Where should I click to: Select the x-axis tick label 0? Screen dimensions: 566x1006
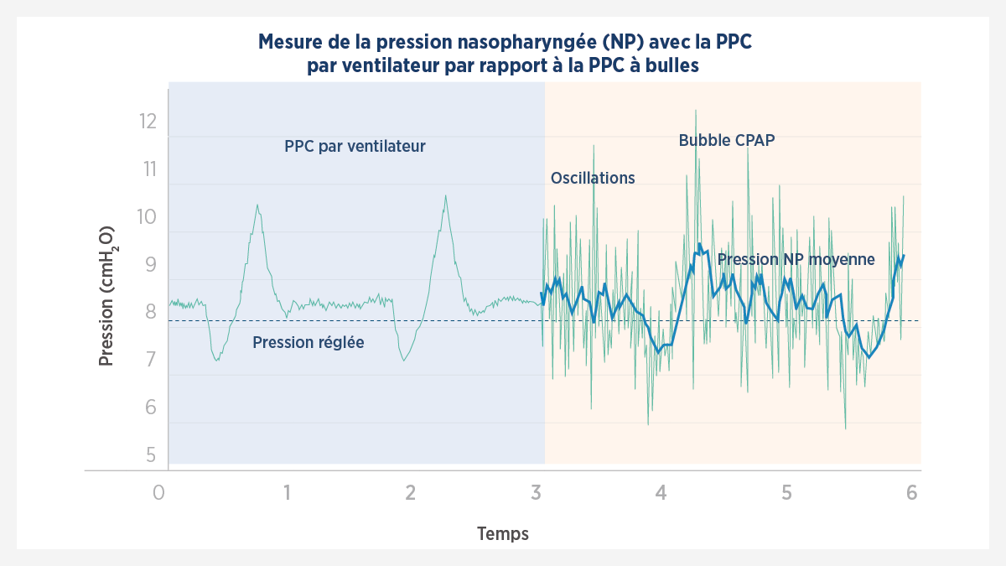(159, 492)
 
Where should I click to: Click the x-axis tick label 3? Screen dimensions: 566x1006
(536, 492)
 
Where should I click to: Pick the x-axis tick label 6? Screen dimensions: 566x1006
(911, 492)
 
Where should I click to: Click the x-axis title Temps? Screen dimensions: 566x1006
(503, 533)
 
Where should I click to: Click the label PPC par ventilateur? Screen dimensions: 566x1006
(355, 147)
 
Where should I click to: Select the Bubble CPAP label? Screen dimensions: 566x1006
(726, 140)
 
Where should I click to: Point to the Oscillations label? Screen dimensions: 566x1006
(593, 178)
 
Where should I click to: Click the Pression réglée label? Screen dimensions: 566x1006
(308, 342)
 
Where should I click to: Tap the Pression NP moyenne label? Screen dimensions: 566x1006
(796, 260)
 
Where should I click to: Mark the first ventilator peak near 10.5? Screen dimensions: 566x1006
(257, 205)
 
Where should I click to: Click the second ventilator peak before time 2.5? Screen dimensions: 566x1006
(445, 196)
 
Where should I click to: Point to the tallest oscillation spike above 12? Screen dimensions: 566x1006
(695, 111)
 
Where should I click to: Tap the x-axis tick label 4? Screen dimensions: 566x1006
(661, 492)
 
